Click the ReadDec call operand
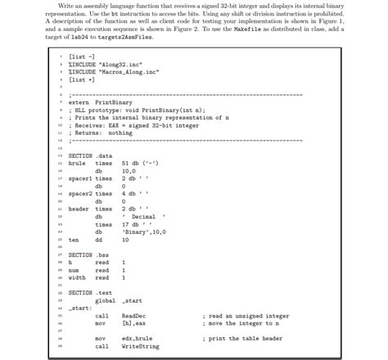(x=133, y=315)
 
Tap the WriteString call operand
(x=140, y=346)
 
